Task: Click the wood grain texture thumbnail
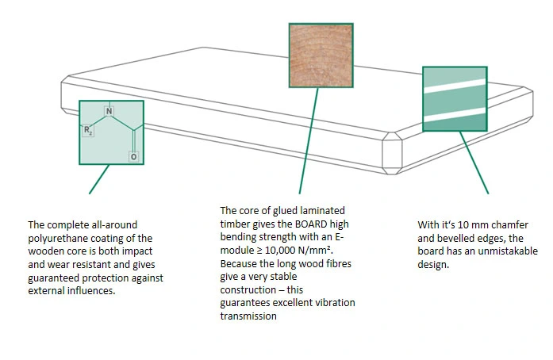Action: [321, 55]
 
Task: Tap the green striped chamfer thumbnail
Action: [454, 98]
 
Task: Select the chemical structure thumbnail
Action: [111, 132]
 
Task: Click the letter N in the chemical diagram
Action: [109, 109]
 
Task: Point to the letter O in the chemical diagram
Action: [132, 158]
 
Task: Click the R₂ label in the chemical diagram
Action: [88, 130]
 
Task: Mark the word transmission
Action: [248, 316]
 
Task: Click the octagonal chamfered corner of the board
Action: [394, 151]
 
